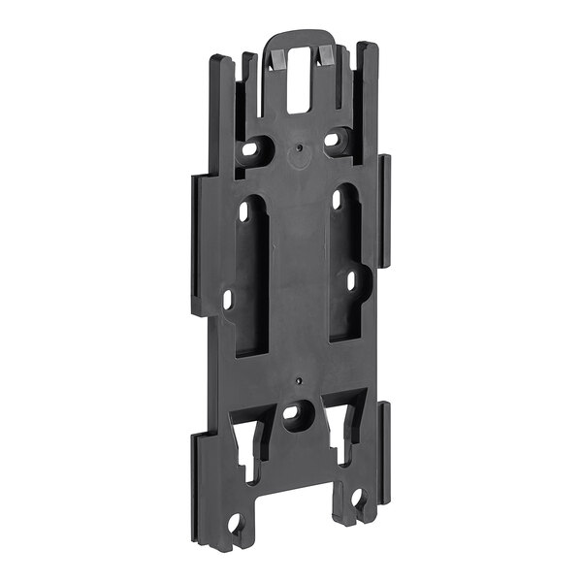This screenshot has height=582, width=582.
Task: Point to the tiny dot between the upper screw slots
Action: click(x=300, y=147)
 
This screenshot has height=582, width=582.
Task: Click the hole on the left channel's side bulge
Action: click(x=229, y=299)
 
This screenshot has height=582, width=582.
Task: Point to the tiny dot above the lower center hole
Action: click(x=301, y=380)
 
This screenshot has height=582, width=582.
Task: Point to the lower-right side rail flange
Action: click(x=385, y=451)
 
